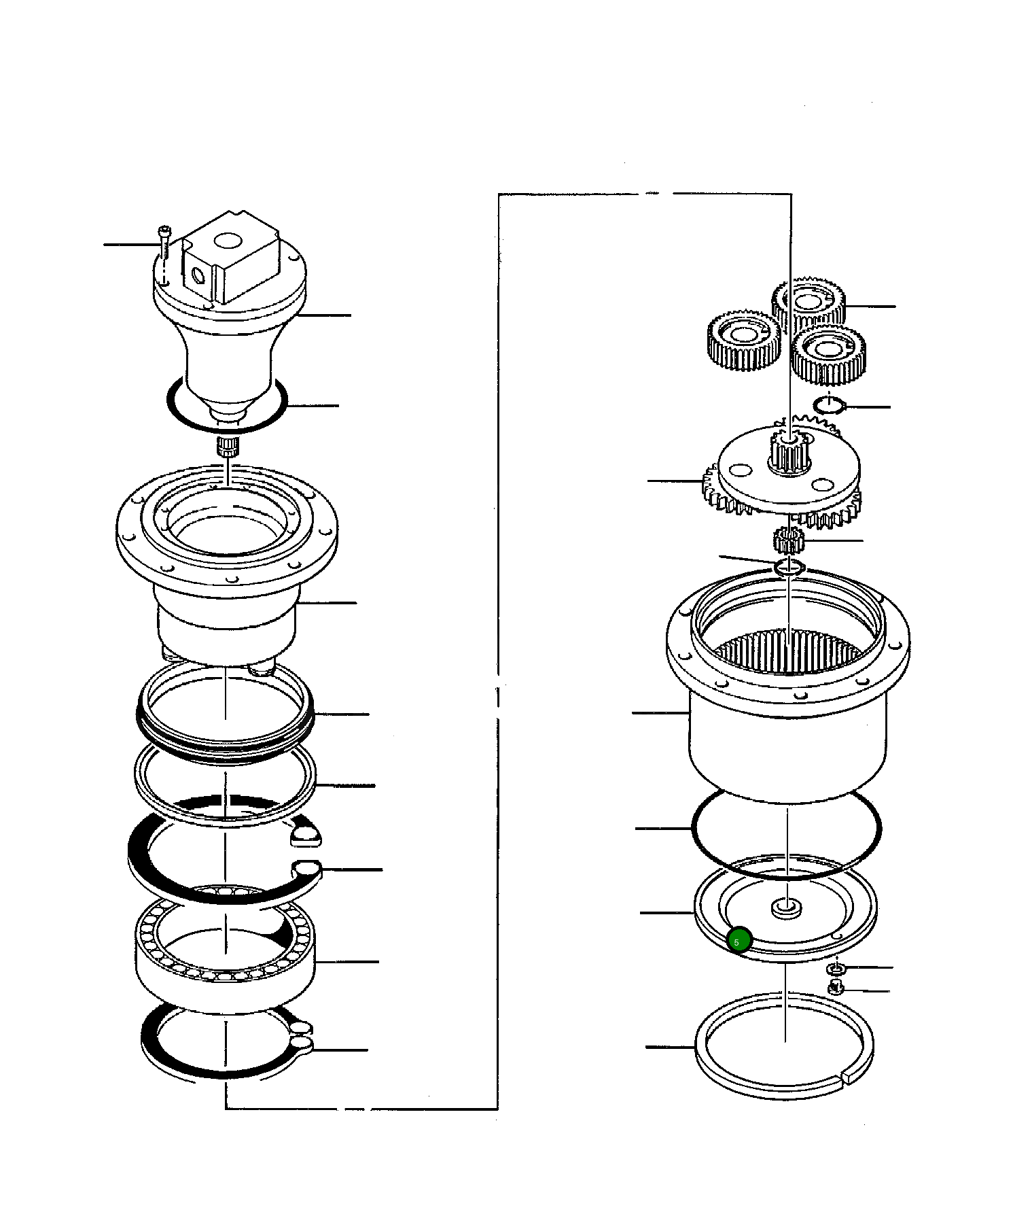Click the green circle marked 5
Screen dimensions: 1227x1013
[738, 941]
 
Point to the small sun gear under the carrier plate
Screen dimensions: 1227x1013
[788, 540]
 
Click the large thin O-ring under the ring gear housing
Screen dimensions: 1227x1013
[693, 829]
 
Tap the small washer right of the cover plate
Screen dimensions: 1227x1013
[836, 967]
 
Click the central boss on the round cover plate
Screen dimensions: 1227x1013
[786, 908]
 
